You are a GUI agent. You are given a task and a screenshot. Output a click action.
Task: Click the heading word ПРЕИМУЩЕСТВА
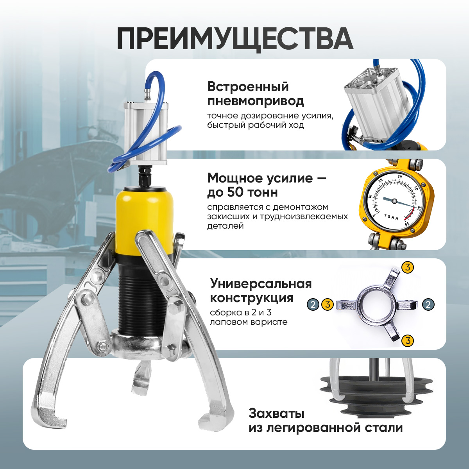click(235, 39)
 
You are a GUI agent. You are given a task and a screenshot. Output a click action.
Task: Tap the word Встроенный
click(248, 87)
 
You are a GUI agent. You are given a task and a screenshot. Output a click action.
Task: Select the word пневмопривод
click(256, 101)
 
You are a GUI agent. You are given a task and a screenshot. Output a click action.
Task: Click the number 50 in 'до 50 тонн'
click(235, 192)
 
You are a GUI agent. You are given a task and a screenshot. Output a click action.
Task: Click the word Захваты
click(276, 413)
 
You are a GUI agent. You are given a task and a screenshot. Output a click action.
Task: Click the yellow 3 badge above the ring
click(408, 267)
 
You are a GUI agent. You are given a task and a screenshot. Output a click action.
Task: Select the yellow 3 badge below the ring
click(408, 340)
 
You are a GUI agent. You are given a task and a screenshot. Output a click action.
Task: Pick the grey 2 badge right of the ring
click(428, 304)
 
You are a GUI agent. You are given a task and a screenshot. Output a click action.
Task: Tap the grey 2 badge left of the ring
click(313, 304)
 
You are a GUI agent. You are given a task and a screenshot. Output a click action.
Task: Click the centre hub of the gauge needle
click(394, 201)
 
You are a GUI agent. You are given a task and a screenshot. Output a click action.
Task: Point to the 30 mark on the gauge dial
click(400, 176)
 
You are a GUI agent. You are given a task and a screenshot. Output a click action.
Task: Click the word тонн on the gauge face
click(391, 217)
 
